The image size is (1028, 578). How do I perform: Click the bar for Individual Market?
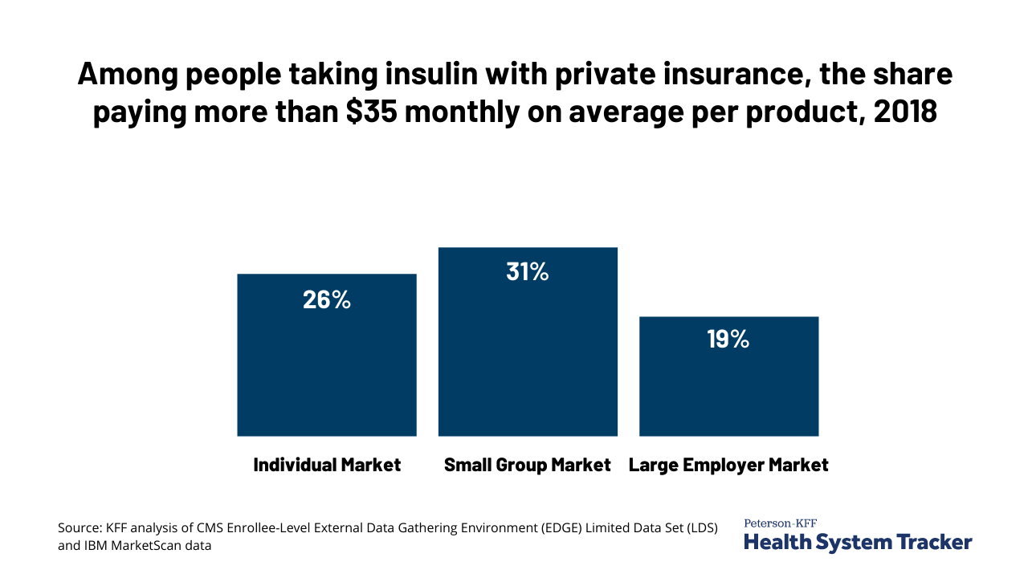327,369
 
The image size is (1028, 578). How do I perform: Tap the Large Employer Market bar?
728,385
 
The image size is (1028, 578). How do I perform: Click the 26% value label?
327,299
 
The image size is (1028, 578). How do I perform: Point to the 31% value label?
528,272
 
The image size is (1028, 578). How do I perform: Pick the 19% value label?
728,340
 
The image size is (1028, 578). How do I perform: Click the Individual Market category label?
327,465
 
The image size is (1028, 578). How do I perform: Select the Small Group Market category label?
528,465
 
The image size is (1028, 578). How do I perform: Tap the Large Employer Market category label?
728,465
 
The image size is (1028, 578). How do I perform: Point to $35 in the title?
373,112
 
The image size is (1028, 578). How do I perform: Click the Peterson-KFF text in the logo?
780,523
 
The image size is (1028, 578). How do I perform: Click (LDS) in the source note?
700,528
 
